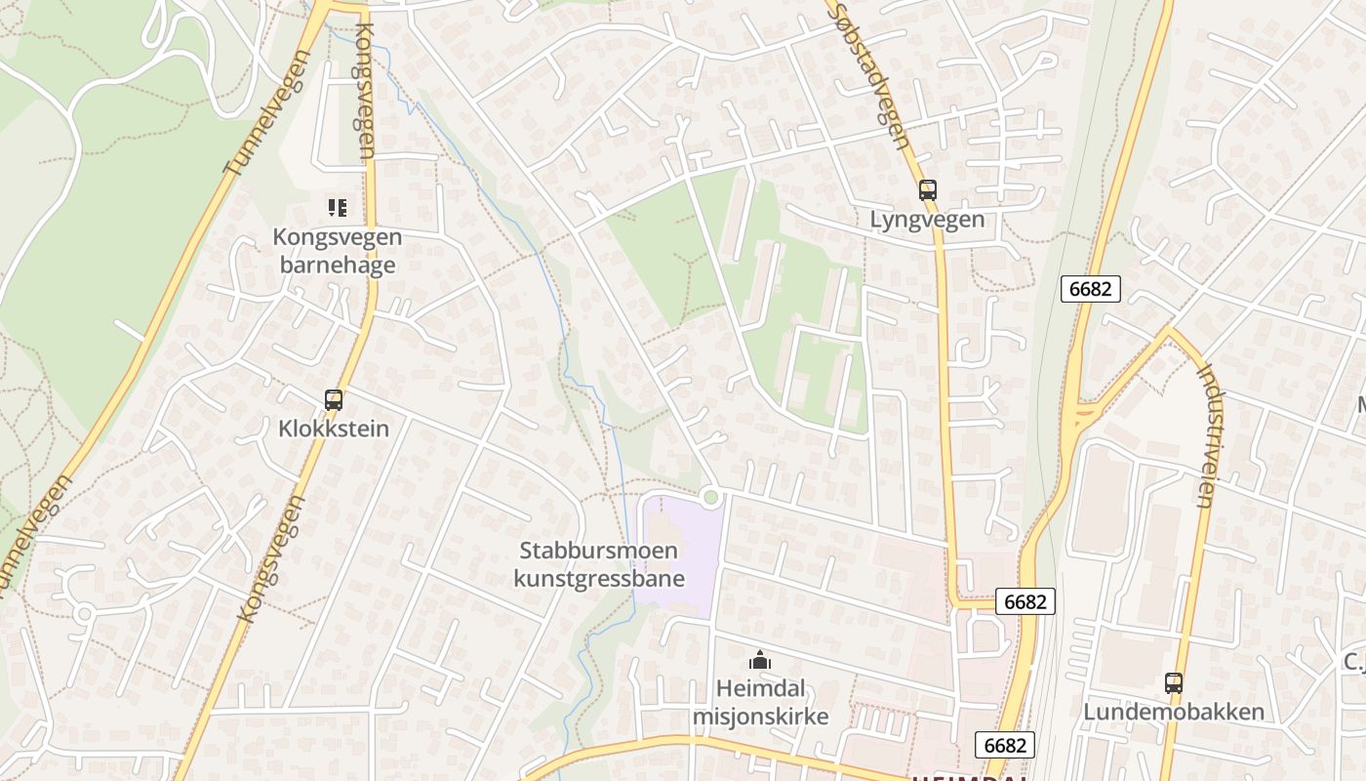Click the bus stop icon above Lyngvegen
point(927,190)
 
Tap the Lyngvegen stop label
point(927,219)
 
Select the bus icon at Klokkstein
point(334,399)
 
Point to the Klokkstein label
point(334,428)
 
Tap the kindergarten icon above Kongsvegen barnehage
point(338,207)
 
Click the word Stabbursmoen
point(599,550)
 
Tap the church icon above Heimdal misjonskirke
point(759,661)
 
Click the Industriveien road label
point(1206,434)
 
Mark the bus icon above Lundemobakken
point(1173,683)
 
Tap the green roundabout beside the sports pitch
point(710,498)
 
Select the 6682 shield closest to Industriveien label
point(1090,289)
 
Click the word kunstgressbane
point(599,578)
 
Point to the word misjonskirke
point(760,716)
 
